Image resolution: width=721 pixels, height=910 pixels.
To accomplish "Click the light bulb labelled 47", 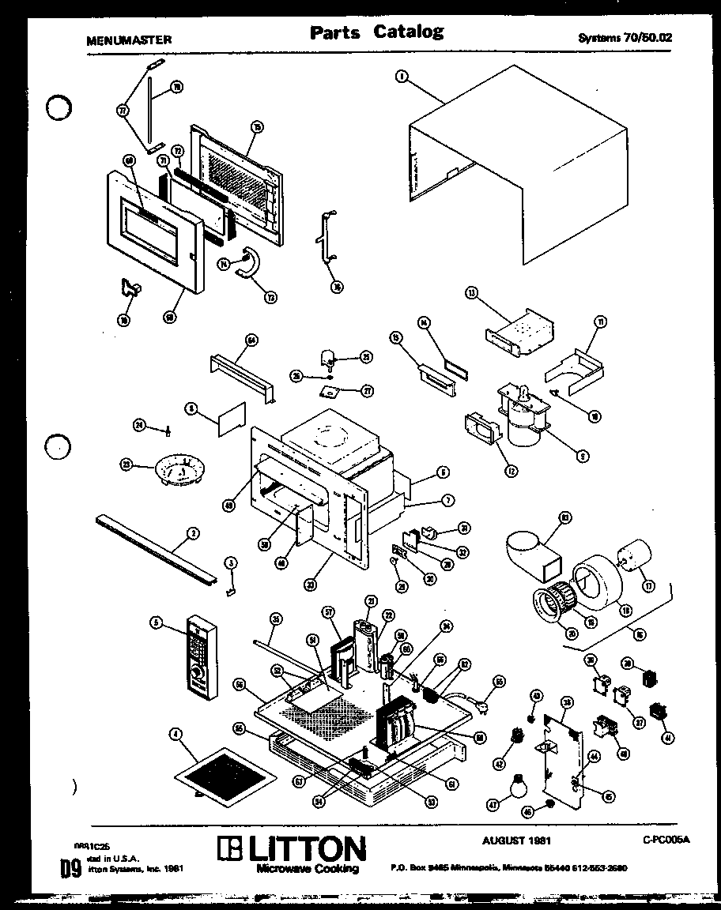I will pyautogui.click(x=517, y=787).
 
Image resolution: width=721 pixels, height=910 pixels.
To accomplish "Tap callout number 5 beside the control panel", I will pyautogui.click(x=157, y=622).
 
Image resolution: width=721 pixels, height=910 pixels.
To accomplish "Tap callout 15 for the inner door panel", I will pyautogui.click(x=256, y=126).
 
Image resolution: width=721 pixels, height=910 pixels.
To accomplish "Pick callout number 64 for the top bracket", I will pyautogui.click(x=251, y=340).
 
